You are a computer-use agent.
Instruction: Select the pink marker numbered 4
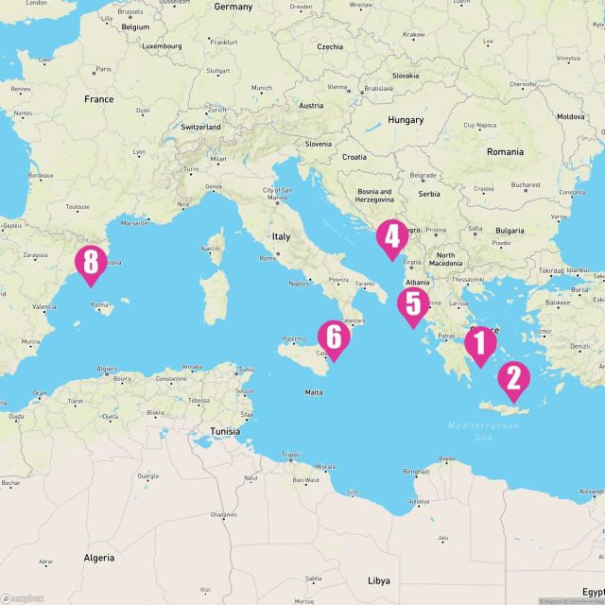pyautogui.click(x=391, y=238)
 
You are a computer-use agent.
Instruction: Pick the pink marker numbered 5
pyautogui.click(x=413, y=305)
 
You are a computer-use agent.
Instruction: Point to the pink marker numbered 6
pyautogui.click(x=333, y=338)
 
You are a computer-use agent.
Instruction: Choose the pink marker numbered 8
pyautogui.click(x=91, y=264)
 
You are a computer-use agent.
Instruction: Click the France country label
pyautogui.click(x=98, y=99)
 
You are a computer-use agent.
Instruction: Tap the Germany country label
pyautogui.click(x=233, y=7)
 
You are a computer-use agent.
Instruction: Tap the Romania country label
pyautogui.click(x=505, y=151)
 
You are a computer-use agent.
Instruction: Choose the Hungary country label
pyautogui.click(x=406, y=120)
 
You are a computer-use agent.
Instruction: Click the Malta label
pyautogui.click(x=314, y=391)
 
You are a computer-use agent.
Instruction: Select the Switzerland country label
pyautogui.click(x=200, y=127)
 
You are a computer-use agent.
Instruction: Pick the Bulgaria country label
pyautogui.click(x=510, y=231)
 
